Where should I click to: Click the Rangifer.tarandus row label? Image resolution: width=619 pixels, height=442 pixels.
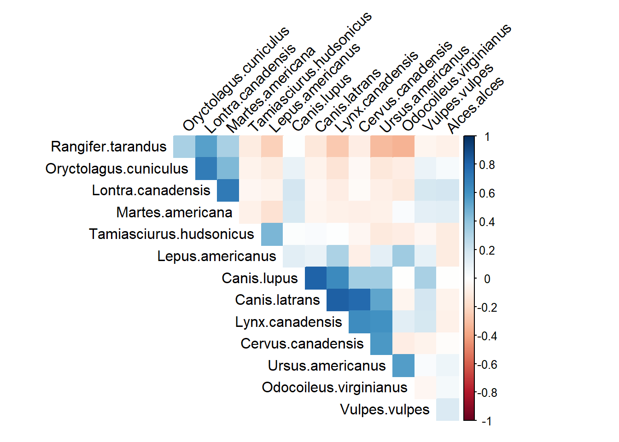click(x=109, y=147)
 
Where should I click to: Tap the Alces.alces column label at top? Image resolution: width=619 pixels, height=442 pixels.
click(x=475, y=105)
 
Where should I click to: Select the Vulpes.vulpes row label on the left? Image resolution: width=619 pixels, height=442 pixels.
click(x=385, y=410)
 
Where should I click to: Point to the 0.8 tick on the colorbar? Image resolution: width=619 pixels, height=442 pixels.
click(x=487, y=165)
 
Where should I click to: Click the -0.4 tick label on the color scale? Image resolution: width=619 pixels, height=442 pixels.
click(x=487, y=336)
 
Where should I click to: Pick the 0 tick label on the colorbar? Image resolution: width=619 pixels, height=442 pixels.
click(x=487, y=279)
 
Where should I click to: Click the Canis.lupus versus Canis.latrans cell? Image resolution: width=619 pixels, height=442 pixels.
click(x=316, y=278)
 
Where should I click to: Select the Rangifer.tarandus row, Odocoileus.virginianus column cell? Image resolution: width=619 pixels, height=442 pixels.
click(x=403, y=147)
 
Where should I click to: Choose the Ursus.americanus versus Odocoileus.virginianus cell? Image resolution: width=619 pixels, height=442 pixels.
click(x=403, y=366)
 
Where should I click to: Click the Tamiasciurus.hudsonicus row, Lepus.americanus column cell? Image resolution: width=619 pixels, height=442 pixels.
click(x=272, y=234)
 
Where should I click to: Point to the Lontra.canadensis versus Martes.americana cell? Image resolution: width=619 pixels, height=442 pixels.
click(x=228, y=191)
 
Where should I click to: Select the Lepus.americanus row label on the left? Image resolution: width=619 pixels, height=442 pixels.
click(x=216, y=256)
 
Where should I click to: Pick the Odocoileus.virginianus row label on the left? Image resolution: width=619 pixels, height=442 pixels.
click(x=334, y=388)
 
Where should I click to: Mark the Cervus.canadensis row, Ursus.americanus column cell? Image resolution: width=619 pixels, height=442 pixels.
click(x=382, y=344)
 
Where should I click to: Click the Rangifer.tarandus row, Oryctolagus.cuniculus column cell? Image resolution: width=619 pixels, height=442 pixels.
click(x=185, y=147)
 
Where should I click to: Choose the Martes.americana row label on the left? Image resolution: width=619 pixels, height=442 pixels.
click(x=174, y=213)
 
